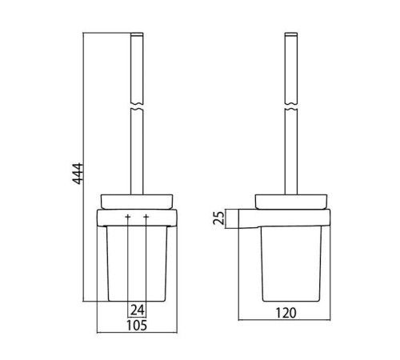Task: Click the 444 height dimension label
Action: (78, 174)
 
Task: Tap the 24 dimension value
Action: (137, 310)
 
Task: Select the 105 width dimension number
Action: (137, 326)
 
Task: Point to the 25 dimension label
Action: (218, 218)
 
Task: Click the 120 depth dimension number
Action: (286, 313)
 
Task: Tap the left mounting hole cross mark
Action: (128, 217)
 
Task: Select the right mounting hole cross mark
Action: (146, 217)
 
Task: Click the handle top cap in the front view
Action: (137, 34)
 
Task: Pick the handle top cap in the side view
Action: (291, 34)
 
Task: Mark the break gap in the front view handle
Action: (137, 106)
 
